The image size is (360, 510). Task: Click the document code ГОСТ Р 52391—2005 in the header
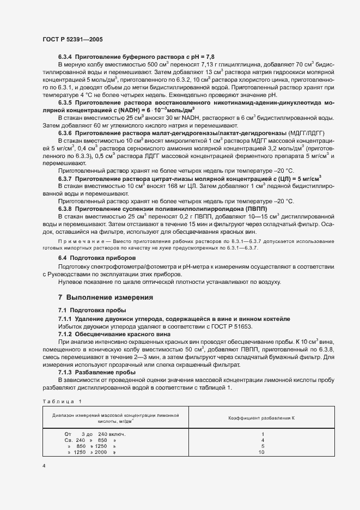72,40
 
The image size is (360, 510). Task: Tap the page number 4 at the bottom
45,466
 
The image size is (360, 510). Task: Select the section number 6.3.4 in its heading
65,57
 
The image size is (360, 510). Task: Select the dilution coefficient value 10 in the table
261,452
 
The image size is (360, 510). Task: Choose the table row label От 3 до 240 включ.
95,434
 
